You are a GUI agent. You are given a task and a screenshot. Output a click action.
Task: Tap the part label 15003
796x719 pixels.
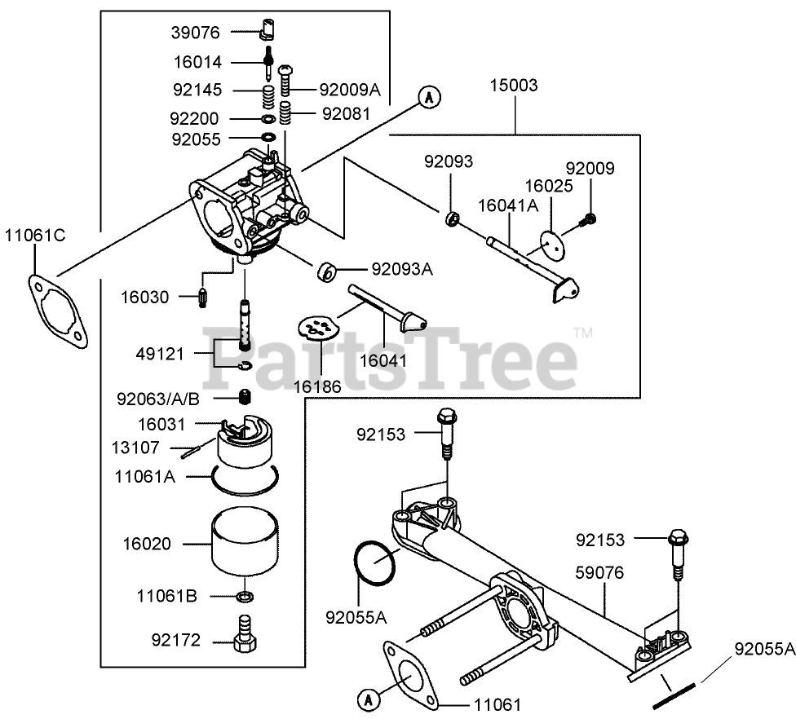pyautogui.click(x=514, y=85)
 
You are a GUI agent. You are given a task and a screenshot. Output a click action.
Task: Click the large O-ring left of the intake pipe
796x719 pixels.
pyautogui.click(x=376, y=562)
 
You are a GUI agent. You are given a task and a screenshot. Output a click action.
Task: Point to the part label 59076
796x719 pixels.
pyautogui.click(x=599, y=574)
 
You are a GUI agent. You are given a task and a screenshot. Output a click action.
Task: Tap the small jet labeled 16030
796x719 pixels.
pyautogui.click(x=203, y=298)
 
